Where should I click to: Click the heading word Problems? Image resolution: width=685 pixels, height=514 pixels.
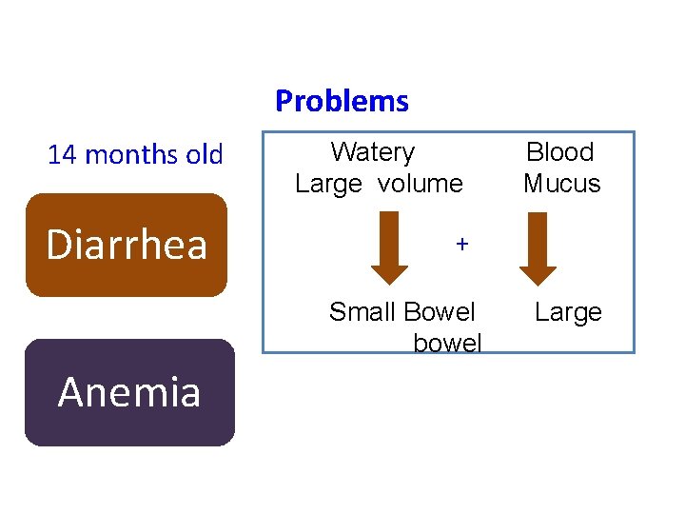tap(342, 101)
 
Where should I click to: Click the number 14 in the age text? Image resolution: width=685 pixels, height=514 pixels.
tap(62, 154)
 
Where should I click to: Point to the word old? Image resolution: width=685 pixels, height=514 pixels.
tap(204, 154)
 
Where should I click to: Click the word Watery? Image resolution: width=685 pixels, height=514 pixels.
tap(373, 152)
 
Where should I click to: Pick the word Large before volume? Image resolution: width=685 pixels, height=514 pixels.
tap(328, 184)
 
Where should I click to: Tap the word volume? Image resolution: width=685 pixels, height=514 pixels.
tap(421, 184)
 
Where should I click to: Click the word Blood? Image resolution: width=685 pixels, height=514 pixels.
tap(560, 152)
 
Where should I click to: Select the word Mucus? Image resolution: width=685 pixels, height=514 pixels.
tap(562, 184)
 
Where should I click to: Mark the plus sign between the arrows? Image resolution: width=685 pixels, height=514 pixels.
tap(461, 245)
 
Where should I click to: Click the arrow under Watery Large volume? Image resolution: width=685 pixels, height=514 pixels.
tap(389, 248)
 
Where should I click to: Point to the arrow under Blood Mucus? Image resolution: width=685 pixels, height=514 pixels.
tap(538, 248)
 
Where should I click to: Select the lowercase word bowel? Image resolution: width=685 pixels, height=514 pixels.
tap(447, 343)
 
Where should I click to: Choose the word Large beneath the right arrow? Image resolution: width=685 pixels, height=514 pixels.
tap(568, 312)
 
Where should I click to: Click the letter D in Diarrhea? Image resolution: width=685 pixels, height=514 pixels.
tap(59, 245)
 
